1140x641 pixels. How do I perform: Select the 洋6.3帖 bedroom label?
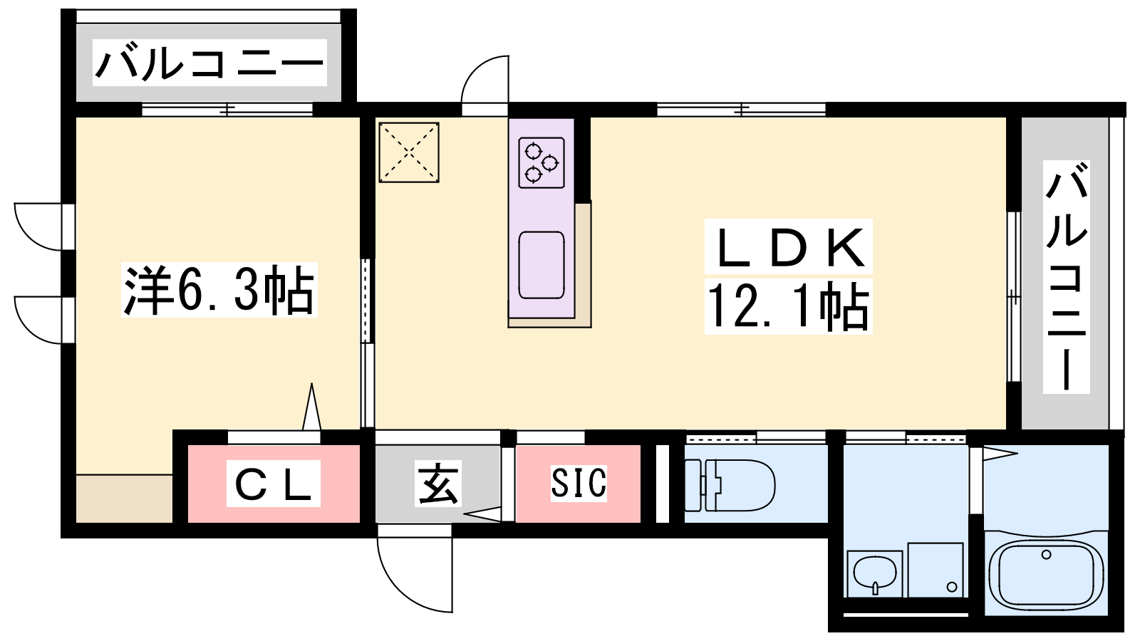pos(219,290)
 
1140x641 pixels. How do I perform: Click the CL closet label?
pos(274,483)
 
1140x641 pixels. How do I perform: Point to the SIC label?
pos(579,483)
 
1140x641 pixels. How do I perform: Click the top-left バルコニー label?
pos(209,63)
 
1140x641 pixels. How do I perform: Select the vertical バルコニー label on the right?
pos(1066,277)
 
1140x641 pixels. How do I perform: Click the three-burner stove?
pos(541,162)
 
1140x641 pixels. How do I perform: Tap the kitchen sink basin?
pos(541,265)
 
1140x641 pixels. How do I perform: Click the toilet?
pos(730,484)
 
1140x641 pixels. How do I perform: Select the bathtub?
pos(1046,574)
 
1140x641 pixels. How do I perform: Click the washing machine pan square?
pos(936,570)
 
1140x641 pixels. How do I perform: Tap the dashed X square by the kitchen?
pos(409,152)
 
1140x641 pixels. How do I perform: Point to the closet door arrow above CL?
pos(311,407)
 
